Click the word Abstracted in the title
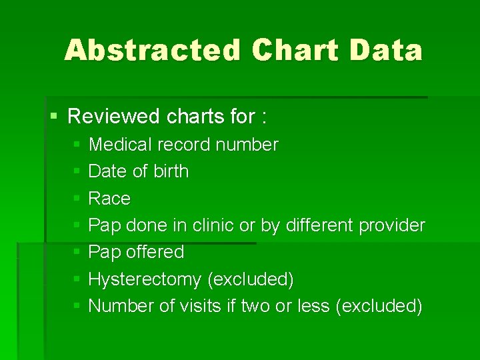pyautogui.click(x=152, y=50)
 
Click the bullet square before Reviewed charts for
pyautogui.click(x=54, y=117)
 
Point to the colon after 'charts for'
pyautogui.click(x=265, y=118)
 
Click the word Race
pyautogui.click(x=109, y=199)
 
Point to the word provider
pyautogui.click(x=391, y=225)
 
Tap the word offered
pyautogui.click(x=155, y=252)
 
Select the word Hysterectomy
pyautogui.click(x=145, y=279)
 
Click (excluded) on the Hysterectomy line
pyautogui.click(x=251, y=279)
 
